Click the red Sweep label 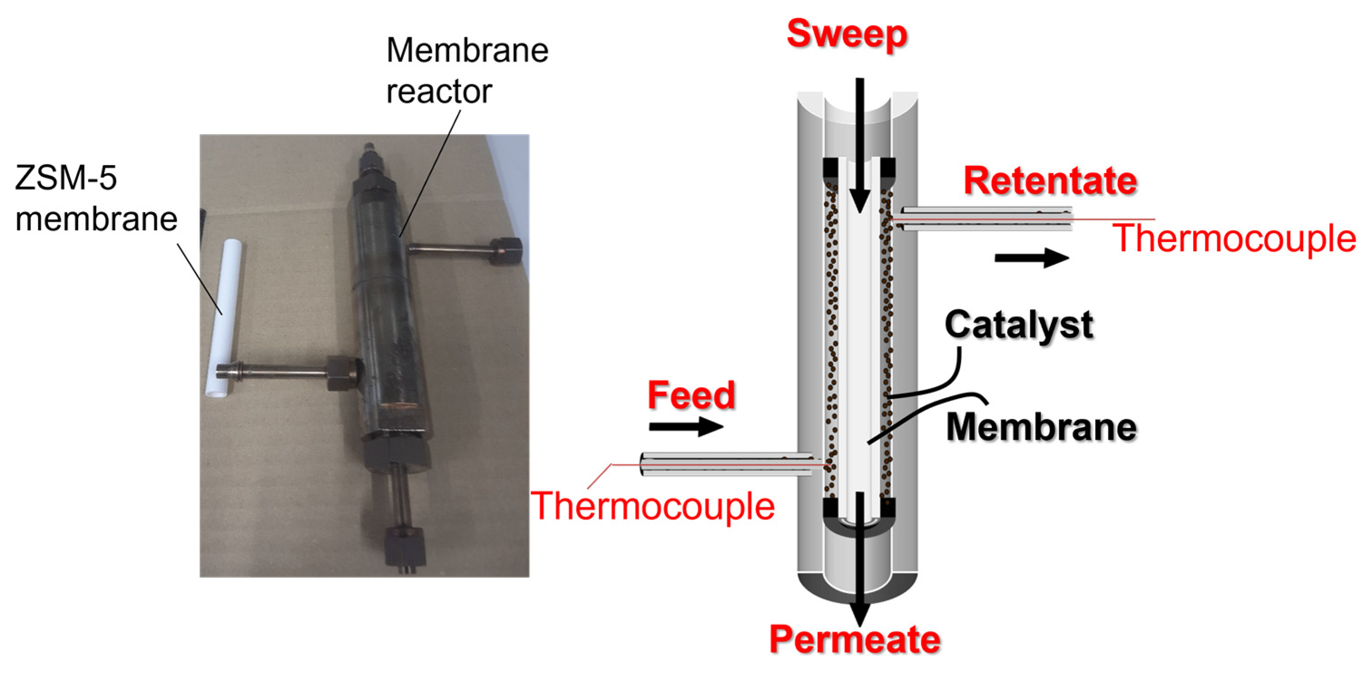coord(846,34)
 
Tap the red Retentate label coord(1050,181)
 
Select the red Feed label coord(691,395)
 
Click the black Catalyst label coord(1018,325)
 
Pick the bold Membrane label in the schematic coord(1041,427)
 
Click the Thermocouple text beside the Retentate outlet coord(1234,239)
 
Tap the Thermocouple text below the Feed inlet coord(653,506)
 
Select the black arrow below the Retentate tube coord(1031,258)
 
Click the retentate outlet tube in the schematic coord(982,219)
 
